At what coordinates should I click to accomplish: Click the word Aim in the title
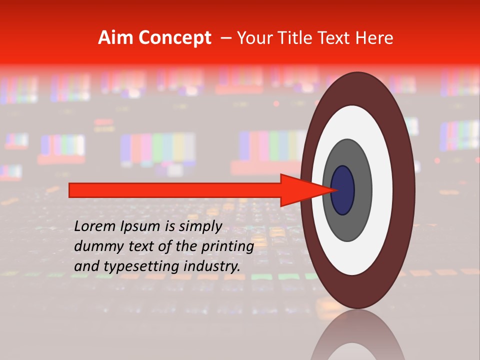click(x=116, y=38)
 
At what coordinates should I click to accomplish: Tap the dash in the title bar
click(x=225, y=38)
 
